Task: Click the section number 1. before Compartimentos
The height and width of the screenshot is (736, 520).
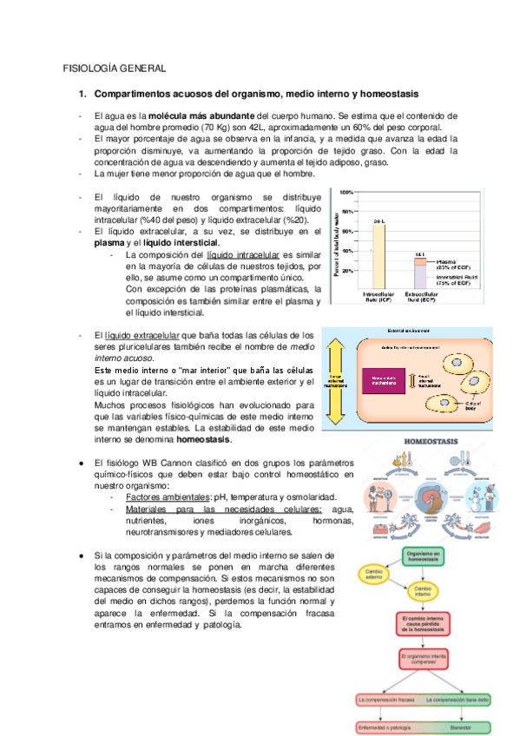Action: coord(82,93)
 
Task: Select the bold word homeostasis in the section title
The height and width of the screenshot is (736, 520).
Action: coord(390,93)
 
